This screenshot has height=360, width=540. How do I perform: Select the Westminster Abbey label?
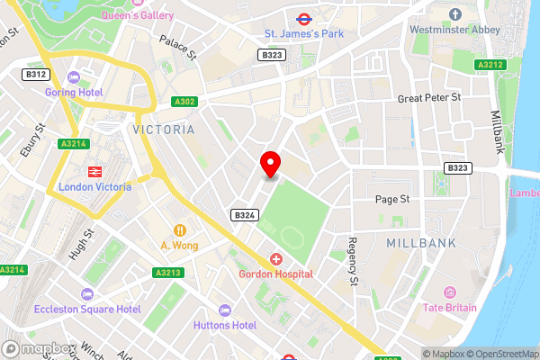tap(455, 29)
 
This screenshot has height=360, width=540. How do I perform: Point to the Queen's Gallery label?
tap(138, 15)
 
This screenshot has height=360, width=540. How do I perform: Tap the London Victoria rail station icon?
tap(93, 170)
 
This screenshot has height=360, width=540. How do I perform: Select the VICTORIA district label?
tap(163, 130)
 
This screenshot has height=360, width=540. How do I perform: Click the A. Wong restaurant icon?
tap(179, 229)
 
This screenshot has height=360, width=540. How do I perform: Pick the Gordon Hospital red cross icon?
tap(275, 258)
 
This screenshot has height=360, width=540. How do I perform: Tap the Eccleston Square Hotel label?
tap(87, 309)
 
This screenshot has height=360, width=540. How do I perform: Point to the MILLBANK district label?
tap(420, 244)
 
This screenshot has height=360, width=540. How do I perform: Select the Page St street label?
tap(392, 198)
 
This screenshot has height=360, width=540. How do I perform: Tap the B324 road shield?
tap(245, 215)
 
